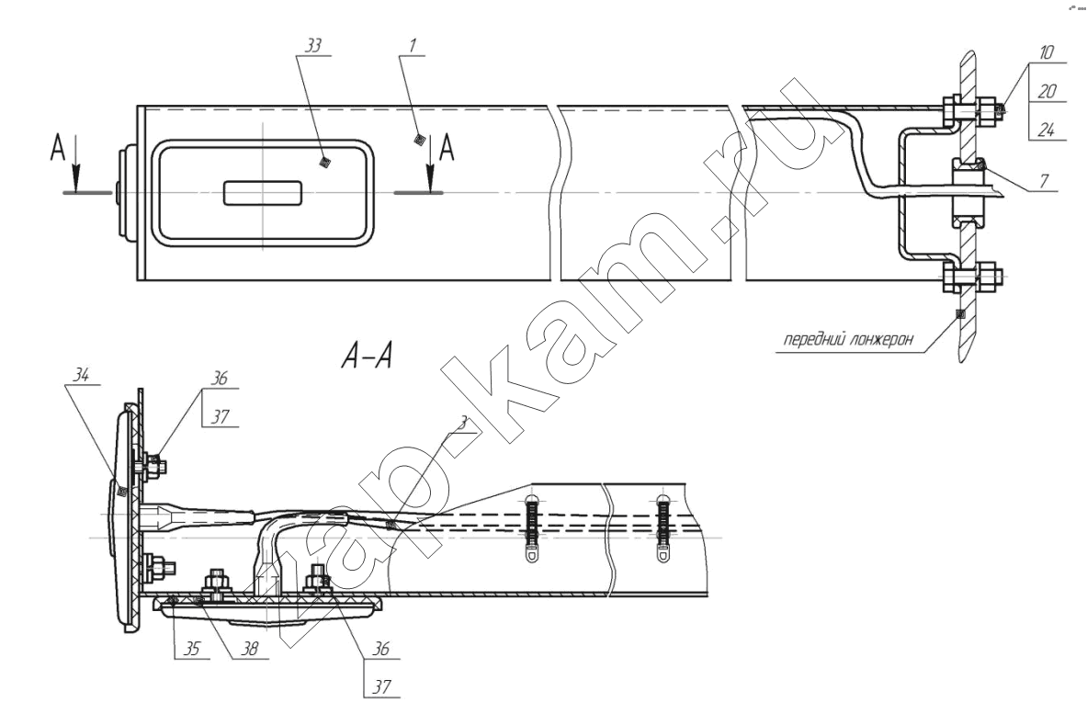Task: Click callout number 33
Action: click(313, 47)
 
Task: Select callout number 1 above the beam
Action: click(413, 47)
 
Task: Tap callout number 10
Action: click(1047, 52)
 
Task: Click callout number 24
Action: click(1047, 130)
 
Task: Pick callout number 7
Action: click(1044, 182)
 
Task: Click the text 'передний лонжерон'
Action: click(848, 340)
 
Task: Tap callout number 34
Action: click(81, 375)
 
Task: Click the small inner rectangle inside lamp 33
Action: click(263, 193)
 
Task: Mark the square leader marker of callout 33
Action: click(323, 163)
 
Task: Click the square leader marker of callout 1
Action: click(418, 141)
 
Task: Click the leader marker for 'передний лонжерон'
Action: click(960, 313)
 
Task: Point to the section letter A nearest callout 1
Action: click(447, 148)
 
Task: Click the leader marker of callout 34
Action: click(122, 492)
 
